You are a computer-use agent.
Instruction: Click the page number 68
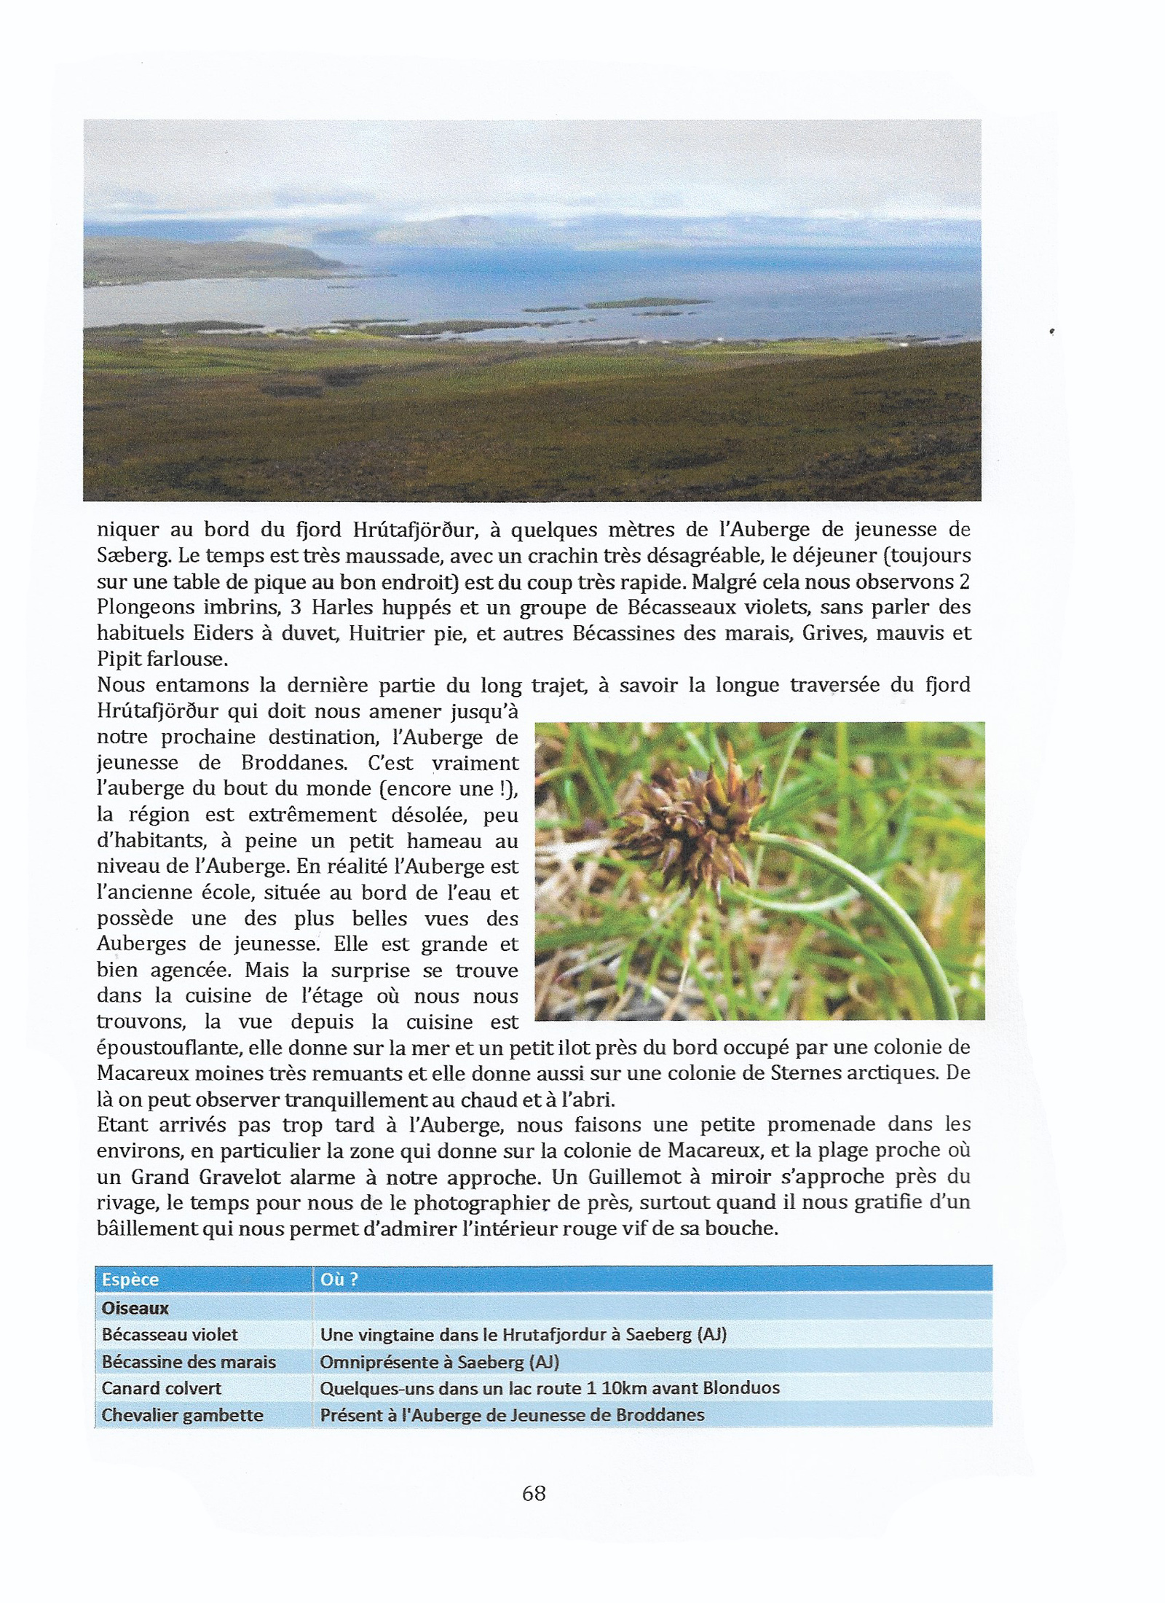[x=534, y=1494]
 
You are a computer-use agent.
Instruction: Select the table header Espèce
[x=130, y=1279]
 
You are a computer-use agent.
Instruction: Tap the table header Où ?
[x=339, y=1279]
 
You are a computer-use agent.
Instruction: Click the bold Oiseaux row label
[x=135, y=1308]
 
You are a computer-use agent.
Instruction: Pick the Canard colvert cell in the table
[x=161, y=1388]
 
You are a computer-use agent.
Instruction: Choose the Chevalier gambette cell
[x=182, y=1415]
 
